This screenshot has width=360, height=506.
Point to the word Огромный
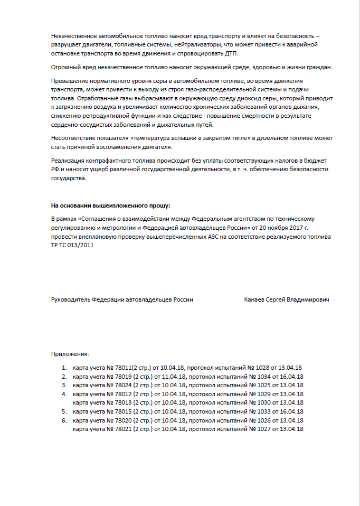click(x=66, y=68)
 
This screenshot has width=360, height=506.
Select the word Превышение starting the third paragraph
click(x=69, y=80)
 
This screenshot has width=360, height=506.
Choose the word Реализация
click(x=68, y=160)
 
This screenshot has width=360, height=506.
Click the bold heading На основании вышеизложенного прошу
click(x=111, y=205)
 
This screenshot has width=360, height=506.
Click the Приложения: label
click(x=70, y=353)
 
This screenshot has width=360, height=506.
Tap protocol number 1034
click(x=258, y=376)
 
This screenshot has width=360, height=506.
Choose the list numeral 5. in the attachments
click(x=64, y=411)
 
